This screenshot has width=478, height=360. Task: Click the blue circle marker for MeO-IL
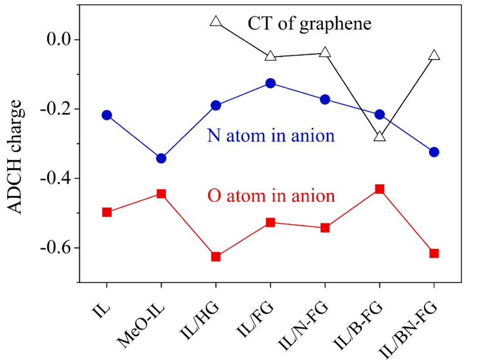click(x=161, y=158)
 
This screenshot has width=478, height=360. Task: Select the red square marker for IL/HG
click(x=216, y=256)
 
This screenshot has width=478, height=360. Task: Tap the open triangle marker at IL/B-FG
click(x=379, y=136)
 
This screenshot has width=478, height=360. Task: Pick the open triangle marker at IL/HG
click(x=216, y=22)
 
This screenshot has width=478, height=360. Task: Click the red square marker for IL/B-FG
click(x=379, y=189)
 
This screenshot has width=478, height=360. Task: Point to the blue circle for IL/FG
click(x=270, y=84)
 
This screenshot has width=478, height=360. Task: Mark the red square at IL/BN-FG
click(x=434, y=254)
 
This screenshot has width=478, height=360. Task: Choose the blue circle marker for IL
click(x=106, y=115)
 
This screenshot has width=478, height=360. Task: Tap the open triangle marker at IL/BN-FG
click(x=434, y=56)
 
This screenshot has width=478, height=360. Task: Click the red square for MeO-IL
click(x=161, y=194)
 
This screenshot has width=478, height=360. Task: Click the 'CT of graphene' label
click(x=309, y=24)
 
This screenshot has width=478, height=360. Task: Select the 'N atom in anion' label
click(x=271, y=136)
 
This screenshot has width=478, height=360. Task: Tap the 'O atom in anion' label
click(x=271, y=195)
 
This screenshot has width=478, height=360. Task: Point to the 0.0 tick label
click(x=57, y=40)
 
